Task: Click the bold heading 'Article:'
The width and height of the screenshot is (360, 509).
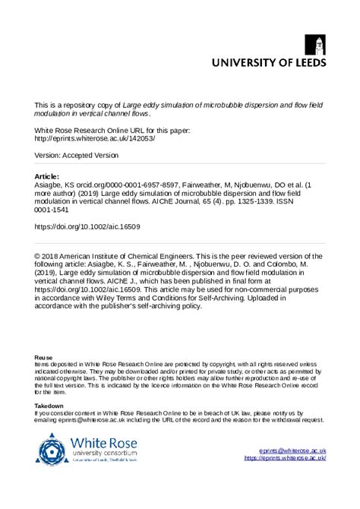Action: click(47, 175)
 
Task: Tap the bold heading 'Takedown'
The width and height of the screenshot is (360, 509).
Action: click(50, 406)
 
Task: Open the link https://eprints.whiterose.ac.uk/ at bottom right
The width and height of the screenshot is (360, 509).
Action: click(285, 459)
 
